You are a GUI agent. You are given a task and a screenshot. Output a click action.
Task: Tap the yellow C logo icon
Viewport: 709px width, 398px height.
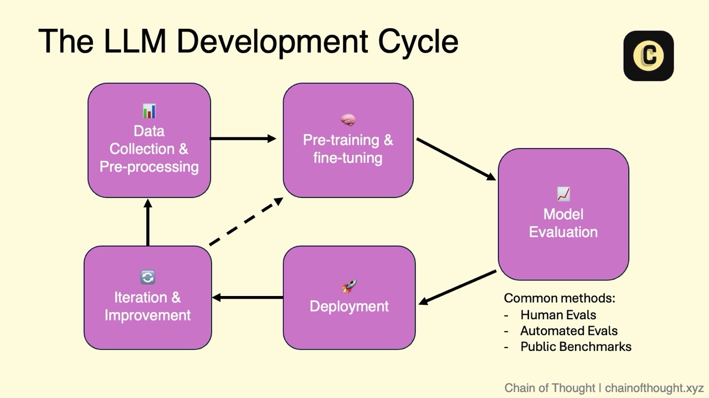[649, 56]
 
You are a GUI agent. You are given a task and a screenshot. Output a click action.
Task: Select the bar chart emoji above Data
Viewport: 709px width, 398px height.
[149, 111]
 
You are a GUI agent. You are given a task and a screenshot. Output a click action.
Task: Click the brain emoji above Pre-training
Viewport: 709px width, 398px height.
[348, 120]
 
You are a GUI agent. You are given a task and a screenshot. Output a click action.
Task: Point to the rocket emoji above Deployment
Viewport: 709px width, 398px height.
[349, 286]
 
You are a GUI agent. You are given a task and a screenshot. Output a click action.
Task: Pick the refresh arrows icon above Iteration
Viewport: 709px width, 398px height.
[147, 277]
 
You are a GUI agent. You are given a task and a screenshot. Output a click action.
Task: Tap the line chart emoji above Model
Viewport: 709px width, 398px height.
[563, 194]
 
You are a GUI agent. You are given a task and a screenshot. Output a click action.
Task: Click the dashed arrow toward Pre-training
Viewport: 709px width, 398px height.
[246, 222]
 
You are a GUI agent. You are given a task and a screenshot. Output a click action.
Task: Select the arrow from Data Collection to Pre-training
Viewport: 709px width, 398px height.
[243, 139]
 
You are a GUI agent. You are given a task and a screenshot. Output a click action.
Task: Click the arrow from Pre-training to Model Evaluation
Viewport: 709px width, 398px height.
[456, 159]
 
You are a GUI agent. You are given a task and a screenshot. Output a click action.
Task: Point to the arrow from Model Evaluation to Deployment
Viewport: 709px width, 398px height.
[458, 287]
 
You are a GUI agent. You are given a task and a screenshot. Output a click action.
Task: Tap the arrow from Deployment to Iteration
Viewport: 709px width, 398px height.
[248, 298]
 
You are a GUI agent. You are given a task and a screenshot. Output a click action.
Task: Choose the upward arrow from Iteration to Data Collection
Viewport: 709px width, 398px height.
[148, 222]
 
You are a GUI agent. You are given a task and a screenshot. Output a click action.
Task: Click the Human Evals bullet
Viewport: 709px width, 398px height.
[558, 315]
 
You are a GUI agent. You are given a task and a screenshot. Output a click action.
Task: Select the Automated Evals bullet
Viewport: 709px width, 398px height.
[569, 331]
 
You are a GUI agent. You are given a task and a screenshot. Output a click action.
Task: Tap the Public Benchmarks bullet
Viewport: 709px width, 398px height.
[576, 346]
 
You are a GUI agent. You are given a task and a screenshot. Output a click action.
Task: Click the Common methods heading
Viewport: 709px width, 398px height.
[559, 298]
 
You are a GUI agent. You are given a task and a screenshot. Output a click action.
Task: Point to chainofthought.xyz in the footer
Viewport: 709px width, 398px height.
[654, 388]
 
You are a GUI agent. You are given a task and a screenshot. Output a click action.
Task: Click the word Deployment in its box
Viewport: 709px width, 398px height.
[349, 307]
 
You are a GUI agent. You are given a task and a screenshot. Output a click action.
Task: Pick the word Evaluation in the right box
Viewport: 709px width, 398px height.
[563, 232]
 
